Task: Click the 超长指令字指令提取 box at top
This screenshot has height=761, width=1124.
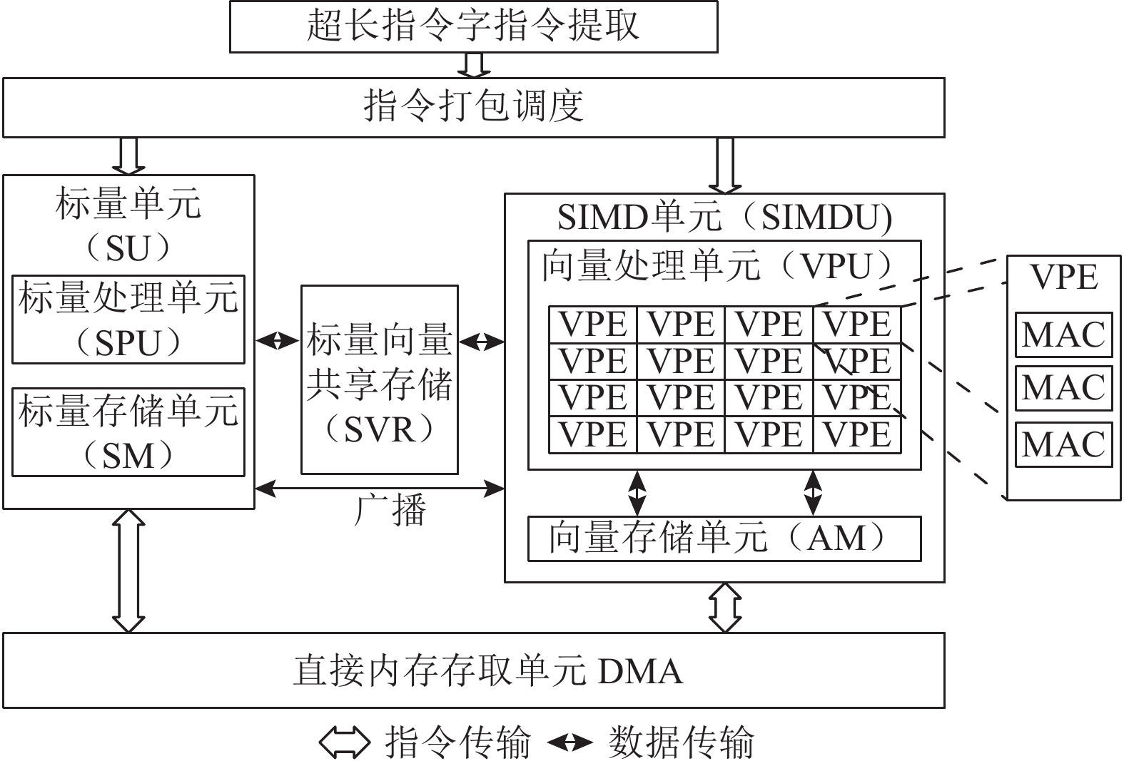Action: coord(473,26)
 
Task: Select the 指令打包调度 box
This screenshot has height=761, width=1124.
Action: coord(473,107)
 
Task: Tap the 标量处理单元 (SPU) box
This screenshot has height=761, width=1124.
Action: coord(128,320)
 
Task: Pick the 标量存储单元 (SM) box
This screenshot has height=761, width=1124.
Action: coord(128,432)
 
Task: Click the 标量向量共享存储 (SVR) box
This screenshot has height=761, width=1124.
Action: coord(380,380)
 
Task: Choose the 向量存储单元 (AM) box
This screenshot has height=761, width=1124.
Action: coord(724,538)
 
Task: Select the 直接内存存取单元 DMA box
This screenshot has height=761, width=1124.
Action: coord(473,670)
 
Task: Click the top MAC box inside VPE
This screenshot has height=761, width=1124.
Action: coord(1063,334)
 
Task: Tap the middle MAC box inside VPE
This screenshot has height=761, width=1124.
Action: coord(1063,388)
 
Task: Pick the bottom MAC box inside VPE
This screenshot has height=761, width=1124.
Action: coord(1063,444)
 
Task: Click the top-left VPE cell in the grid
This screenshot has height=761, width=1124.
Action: coord(593,325)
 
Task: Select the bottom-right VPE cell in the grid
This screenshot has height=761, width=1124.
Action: coord(857,434)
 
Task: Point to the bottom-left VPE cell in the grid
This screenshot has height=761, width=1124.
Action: coord(593,434)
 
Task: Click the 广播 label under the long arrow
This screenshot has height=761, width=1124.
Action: coord(390,511)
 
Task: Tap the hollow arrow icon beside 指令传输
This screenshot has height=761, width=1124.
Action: coord(344,742)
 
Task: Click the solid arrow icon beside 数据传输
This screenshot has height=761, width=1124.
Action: coord(570,742)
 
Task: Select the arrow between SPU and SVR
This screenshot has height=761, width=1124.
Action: coord(277,342)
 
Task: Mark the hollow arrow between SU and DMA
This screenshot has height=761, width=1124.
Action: coord(129,571)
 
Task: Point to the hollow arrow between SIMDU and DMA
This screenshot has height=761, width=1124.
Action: coord(725,608)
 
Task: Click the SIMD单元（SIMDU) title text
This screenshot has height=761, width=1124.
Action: coord(724,218)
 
